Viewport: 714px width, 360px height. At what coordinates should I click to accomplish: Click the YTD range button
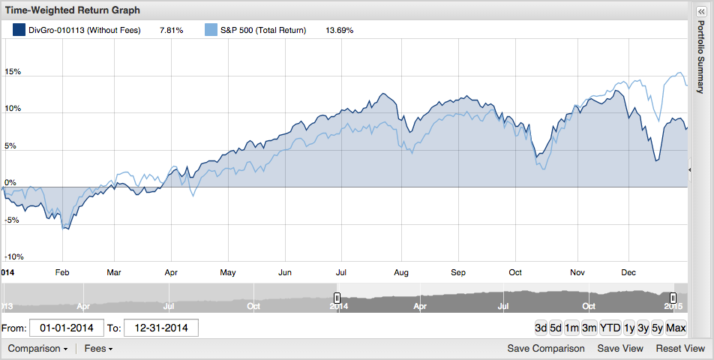point(610,328)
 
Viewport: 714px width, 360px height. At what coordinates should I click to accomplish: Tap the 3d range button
point(541,328)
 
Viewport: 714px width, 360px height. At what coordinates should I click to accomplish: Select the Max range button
point(676,328)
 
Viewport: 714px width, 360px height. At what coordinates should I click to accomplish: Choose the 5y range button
point(657,328)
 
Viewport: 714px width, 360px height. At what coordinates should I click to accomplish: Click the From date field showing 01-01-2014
point(67,328)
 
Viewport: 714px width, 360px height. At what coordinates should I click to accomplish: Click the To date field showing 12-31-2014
point(161,328)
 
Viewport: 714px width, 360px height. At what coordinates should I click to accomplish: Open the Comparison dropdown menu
point(37,349)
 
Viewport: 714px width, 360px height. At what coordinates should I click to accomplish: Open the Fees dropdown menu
point(98,349)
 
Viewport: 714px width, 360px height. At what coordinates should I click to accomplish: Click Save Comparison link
point(546,349)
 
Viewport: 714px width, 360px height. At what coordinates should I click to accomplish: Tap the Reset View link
point(680,349)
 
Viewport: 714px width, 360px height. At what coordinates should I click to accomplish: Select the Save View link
point(620,349)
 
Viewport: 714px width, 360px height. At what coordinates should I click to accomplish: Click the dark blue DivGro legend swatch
point(19,30)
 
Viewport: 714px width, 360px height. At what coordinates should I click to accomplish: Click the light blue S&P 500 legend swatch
point(211,30)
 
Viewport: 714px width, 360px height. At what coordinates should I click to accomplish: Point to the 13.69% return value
point(339,31)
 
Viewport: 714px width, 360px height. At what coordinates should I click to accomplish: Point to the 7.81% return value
point(171,31)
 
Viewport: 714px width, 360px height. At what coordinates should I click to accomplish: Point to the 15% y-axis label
point(13,72)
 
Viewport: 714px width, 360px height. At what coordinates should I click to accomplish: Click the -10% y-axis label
point(14,257)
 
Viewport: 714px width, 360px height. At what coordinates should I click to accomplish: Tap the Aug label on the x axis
point(401,272)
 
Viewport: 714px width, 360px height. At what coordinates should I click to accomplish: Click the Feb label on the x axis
point(62,272)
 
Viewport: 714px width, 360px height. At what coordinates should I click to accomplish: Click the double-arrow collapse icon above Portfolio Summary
point(701,12)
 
